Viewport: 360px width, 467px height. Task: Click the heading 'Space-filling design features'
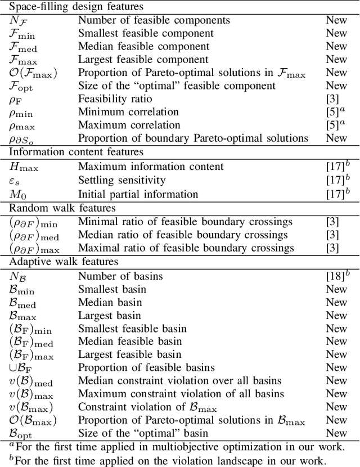[x=75, y=7]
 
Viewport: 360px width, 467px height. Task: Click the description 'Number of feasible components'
[x=154, y=20]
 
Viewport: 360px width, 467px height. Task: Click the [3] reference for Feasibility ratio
[x=332, y=98]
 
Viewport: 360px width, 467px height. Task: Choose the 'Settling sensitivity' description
[x=121, y=181]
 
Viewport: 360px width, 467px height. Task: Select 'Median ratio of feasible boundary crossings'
[x=183, y=235]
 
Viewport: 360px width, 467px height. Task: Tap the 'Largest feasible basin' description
[x=130, y=354]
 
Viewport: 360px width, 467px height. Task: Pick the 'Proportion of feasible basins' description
[x=146, y=368]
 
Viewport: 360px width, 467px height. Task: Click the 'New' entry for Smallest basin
[x=336, y=289]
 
